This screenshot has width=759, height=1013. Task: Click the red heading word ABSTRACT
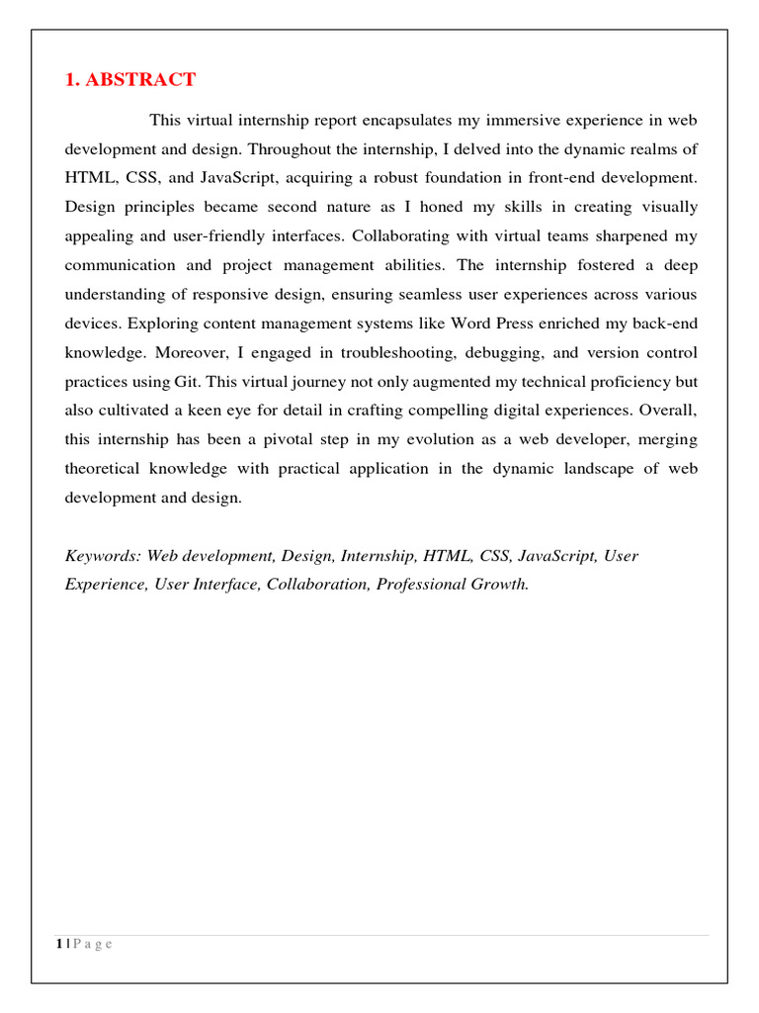(x=140, y=80)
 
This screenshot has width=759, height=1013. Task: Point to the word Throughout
(x=288, y=149)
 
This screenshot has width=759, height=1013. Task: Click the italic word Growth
(x=502, y=584)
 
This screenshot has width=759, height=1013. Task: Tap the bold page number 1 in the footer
(x=60, y=944)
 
